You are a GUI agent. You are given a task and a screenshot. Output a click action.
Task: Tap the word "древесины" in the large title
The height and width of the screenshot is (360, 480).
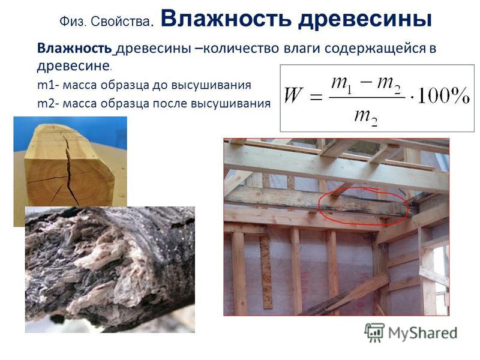[365, 20]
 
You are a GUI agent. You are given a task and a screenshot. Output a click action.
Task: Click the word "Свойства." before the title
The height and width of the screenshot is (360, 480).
[122, 22]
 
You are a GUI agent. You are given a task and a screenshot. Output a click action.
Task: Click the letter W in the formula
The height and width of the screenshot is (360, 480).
[293, 95]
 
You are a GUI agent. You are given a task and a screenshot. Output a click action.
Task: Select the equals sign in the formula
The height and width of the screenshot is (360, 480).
[316, 97]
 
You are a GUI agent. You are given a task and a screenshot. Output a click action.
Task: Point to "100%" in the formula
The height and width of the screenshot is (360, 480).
[443, 96]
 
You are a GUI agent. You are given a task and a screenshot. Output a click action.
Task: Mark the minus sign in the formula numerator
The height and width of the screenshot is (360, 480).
[366, 83]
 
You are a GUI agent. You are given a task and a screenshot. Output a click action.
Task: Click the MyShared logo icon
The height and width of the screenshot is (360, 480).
[374, 333]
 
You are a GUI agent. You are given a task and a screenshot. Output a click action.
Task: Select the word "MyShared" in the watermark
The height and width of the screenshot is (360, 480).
[423, 334]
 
